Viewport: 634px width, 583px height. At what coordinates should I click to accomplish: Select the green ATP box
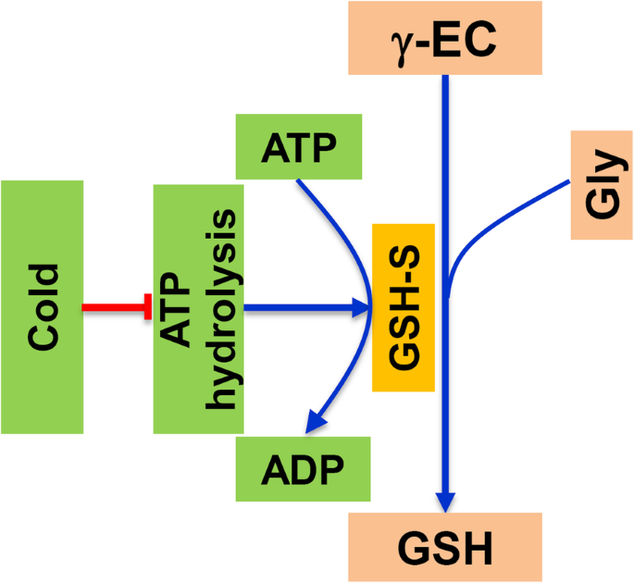coord(298,145)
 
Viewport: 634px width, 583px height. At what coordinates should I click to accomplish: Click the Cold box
coord(43,306)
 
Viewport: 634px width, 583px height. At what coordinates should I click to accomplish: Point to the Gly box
coord(601,186)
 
